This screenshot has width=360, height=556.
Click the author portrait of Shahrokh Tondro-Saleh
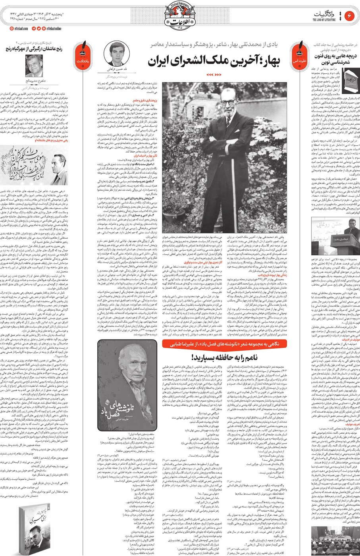(x=34, y=66)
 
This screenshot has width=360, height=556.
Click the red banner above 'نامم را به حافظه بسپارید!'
(x=224, y=344)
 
